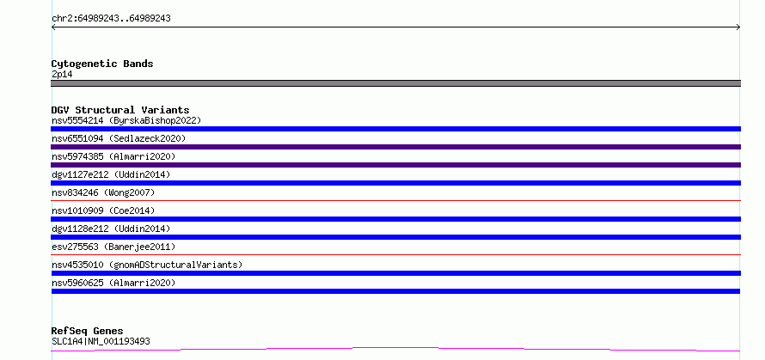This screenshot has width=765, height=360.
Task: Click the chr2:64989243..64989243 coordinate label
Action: (111, 19)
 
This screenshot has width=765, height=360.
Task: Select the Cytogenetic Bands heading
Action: (102, 64)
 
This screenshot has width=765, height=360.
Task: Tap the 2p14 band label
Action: (62, 74)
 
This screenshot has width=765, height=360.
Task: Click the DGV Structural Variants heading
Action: (120, 110)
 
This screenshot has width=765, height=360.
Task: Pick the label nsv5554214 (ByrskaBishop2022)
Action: (126, 120)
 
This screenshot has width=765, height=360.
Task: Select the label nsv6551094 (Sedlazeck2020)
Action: (119, 138)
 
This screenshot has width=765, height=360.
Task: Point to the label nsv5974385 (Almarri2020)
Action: (113, 156)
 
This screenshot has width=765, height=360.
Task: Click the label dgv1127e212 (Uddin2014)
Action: (111, 174)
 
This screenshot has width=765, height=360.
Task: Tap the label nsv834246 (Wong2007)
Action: (103, 192)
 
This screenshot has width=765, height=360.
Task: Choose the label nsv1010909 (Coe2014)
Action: (103, 211)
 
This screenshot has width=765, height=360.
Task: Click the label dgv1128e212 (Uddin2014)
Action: (111, 229)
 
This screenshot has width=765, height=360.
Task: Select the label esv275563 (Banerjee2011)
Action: (113, 247)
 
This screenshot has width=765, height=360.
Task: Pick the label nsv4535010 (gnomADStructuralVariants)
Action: (147, 265)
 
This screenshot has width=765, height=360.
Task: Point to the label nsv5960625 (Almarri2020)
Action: (113, 283)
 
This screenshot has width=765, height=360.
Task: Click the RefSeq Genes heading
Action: (88, 332)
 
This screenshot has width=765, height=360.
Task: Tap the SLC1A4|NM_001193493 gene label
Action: (101, 341)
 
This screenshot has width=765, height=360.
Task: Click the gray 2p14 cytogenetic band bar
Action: (395, 83)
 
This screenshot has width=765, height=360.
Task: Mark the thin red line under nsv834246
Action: (395, 200)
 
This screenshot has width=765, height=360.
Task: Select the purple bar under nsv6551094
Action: (395, 147)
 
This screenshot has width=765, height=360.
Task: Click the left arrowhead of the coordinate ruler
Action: (52, 27)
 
